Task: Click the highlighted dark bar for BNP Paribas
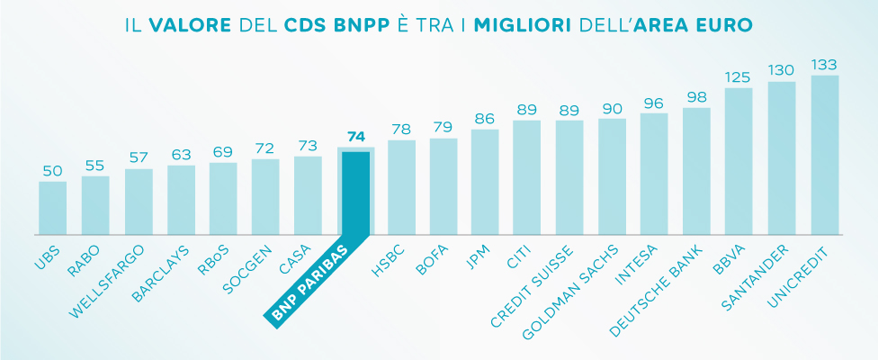tap(356, 193)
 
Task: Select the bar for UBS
tap(52, 208)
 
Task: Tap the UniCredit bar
tap(825, 155)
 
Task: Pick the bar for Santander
tap(782, 158)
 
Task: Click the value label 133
tap(825, 65)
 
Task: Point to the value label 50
tap(52, 171)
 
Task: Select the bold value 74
tap(356, 138)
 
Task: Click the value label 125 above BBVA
tap(739, 77)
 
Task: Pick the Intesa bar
tap(654, 174)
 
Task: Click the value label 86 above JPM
tap(485, 119)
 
